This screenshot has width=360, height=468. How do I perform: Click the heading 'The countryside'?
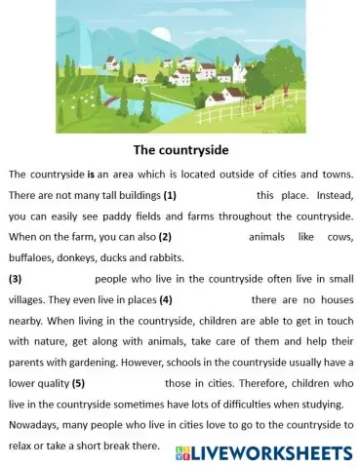[x=179, y=151]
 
